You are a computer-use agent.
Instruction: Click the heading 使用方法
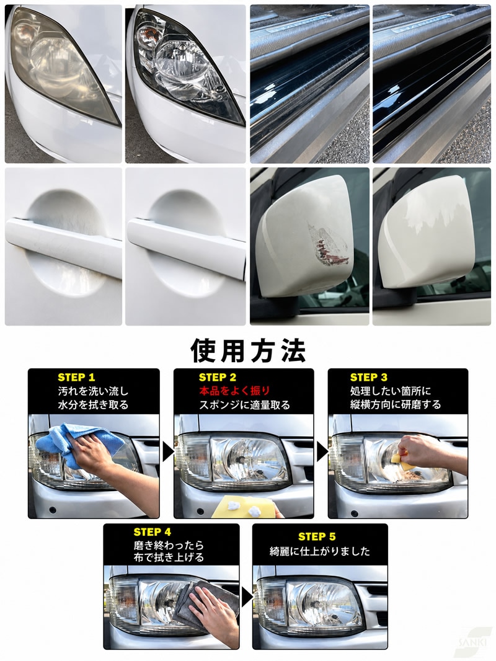[x=248, y=350]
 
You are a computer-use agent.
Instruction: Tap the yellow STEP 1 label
[x=76, y=377]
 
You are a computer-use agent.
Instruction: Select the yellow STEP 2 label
[x=218, y=377]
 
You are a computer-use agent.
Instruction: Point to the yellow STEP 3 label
[x=369, y=377]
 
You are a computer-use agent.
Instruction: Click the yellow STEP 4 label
[x=152, y=532]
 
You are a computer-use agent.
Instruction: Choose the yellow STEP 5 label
[x=317, y=536]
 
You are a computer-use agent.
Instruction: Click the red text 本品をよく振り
[x=234, y=391]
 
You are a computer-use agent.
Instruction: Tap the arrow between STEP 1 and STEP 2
[x=168, y=453]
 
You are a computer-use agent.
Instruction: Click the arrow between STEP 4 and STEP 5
[x=247, y=598]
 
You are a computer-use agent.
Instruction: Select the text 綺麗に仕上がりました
[x=320, y=551]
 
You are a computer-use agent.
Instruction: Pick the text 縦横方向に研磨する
[x=396, y=405]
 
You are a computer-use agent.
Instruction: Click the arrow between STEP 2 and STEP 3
[x=322, y=453]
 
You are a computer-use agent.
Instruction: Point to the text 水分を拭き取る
[x=93, y=405]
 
